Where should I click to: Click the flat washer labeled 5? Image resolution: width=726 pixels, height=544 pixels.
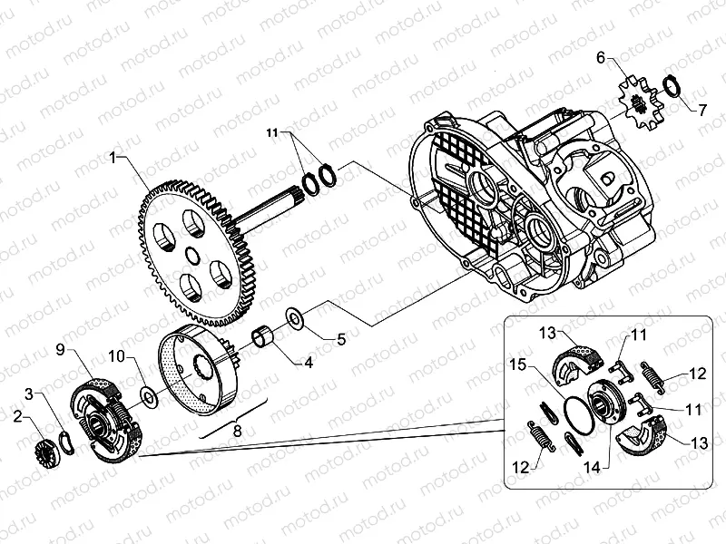pyautogui.click(x=295, y=319)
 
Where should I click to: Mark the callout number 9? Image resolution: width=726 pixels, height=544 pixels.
pyautogui.click(x=60, y=349)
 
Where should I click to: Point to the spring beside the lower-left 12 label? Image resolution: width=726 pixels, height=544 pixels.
pyautogui.click(x=543, y=436)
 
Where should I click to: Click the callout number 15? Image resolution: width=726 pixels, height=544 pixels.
pyautogui.click(x=516, y=364)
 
